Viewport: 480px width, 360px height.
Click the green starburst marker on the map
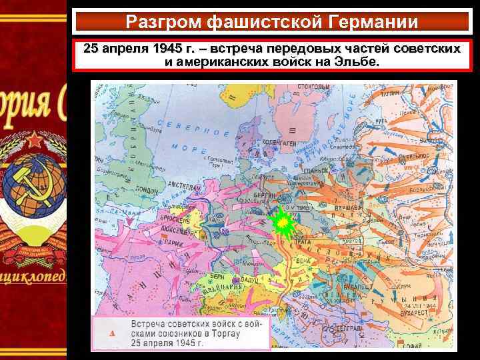pos(283,221)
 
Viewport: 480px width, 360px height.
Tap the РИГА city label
pos(381,119)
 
